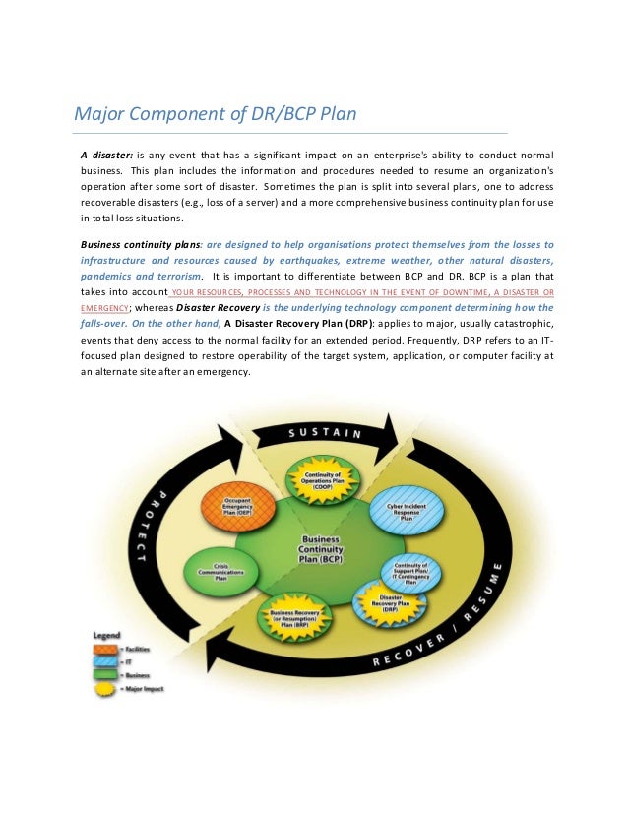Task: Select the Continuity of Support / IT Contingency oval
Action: click(410, 574)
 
